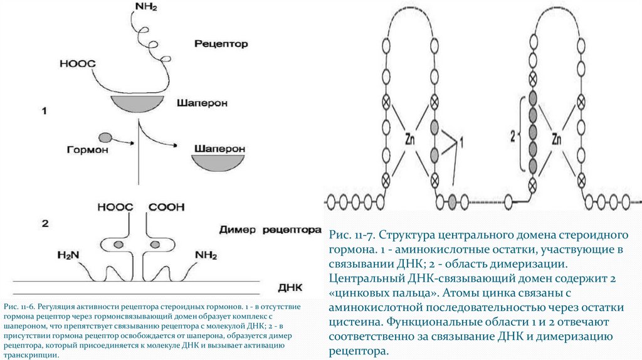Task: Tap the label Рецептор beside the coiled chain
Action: pos(221,44)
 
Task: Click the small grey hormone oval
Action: pos(104,137)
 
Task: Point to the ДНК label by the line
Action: pos(289,287)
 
